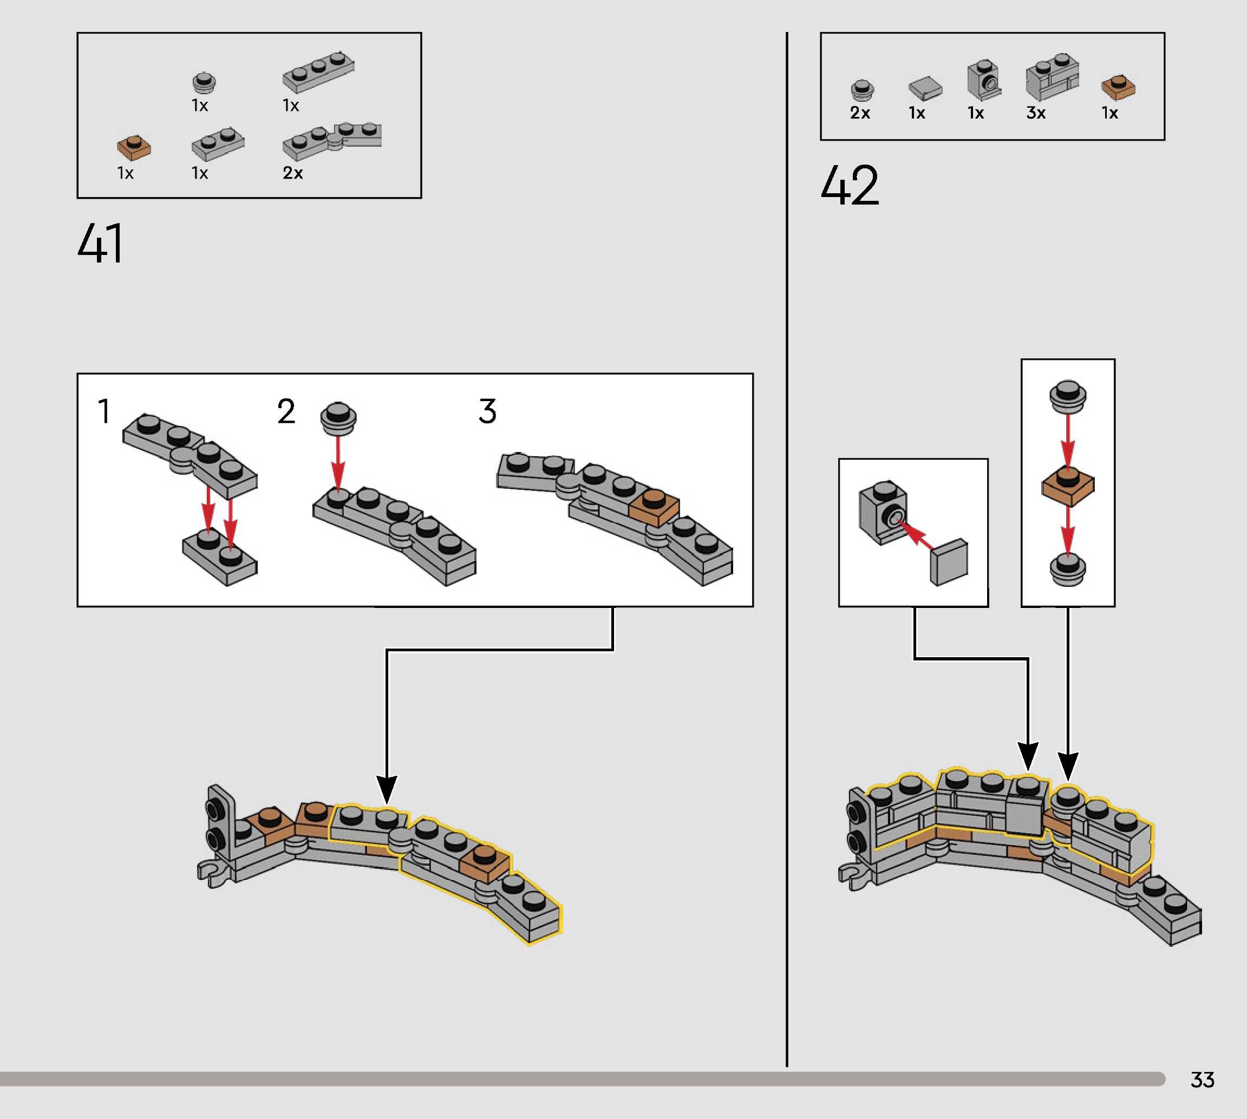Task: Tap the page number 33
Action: click(x=1202, y=1079)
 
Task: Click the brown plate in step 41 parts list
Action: click(x=133, y=148)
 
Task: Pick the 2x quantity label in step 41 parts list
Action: click(x=293, y=173)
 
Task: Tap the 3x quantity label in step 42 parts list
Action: click(x=1036, y=113)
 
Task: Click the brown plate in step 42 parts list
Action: click(x=1118, y=87)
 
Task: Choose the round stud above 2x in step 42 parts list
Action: click(x=862, y=89)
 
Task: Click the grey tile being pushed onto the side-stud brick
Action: click(x=949, y=562)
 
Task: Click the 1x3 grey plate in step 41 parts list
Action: click(x=318, y=71)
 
